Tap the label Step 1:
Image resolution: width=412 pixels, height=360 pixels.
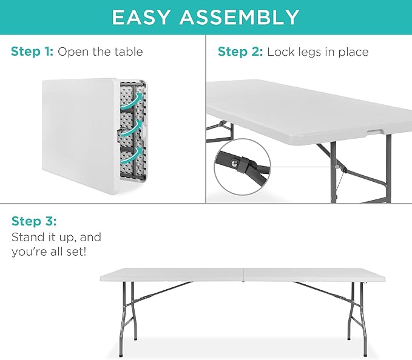tap(32, 52)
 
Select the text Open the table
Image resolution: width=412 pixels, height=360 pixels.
tap(100, 52)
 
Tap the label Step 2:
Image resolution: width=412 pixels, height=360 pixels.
tap(240, 52)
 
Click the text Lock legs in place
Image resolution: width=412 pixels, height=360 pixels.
tap(317, 52)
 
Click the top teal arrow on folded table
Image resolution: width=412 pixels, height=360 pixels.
tap(135, 100)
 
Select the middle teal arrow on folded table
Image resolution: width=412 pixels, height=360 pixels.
tap(135, 127)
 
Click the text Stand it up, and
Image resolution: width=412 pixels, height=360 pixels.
tap(56, 236)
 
